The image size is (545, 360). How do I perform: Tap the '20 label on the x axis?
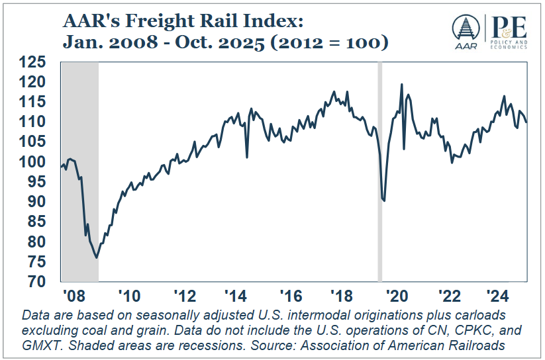(396, 295)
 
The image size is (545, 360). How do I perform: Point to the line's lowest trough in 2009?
(97, 257)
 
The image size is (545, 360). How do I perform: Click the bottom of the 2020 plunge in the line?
(384, 201)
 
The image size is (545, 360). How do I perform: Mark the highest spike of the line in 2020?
(401, 85)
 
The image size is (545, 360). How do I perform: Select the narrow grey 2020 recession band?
(380, 172)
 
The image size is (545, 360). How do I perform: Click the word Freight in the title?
(157, 21)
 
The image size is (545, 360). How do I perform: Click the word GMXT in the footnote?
(41, 345)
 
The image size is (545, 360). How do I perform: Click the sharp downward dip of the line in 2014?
(247, 157)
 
